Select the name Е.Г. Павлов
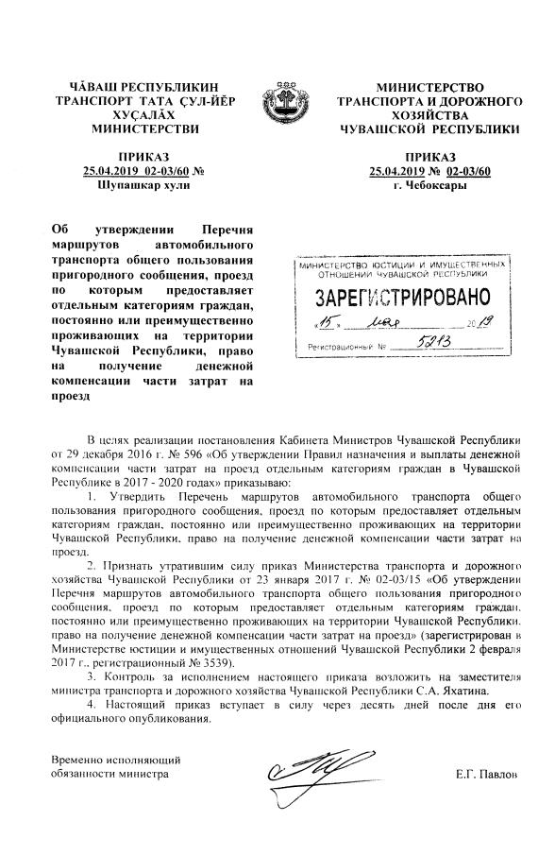coord(487,774)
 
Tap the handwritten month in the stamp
coord(394,324)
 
